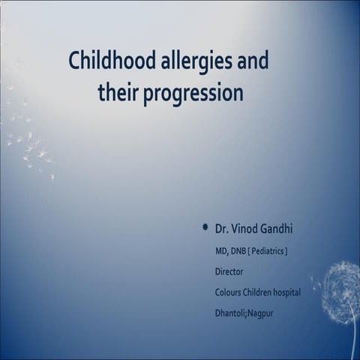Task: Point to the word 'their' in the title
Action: point(118,94)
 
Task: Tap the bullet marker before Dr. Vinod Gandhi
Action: point(205,226)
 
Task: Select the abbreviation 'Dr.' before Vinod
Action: point(222,226)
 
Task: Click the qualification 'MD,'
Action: point(223,250)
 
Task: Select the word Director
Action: point(229,271)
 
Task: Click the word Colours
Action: point(229,292)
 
